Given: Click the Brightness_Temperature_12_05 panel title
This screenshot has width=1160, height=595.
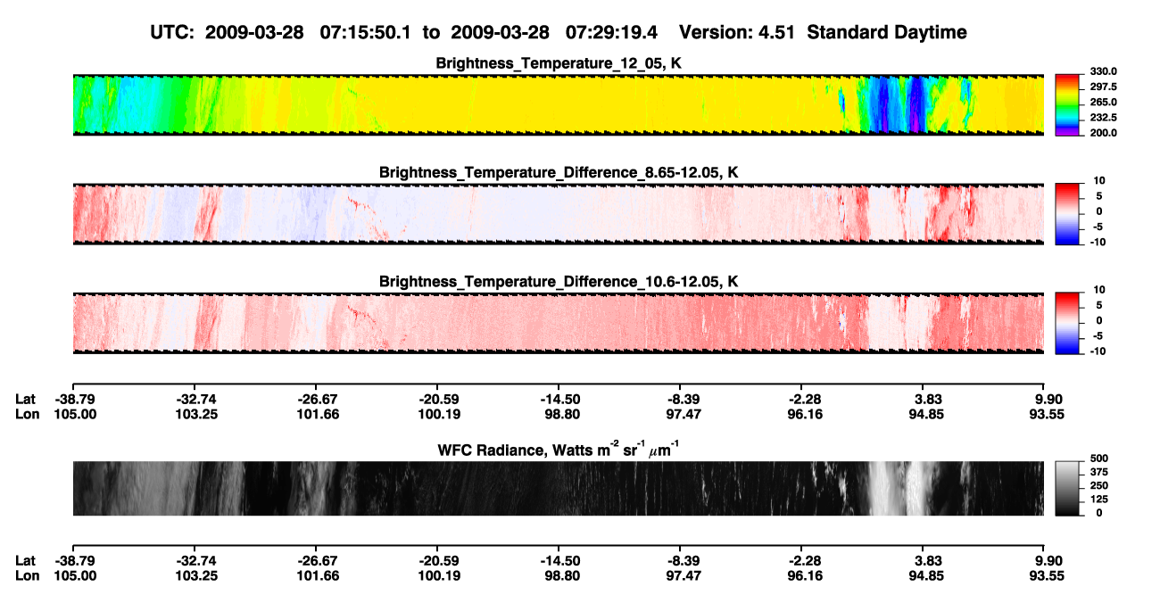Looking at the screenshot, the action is (558, 63).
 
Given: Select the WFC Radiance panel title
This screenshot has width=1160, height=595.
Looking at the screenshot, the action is (558, 450).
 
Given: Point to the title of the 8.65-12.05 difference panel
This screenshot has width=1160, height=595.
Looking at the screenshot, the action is (558, 172).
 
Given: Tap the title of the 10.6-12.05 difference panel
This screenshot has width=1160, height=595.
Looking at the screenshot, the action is (558, 282).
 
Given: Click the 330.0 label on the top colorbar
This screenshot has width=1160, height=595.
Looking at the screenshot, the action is (1103, 71).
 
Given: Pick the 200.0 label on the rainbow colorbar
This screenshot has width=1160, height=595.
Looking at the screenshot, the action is (1103, 133).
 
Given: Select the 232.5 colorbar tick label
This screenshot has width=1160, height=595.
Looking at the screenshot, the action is (1103, 118).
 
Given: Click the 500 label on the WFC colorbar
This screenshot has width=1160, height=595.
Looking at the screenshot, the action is (1099, 459).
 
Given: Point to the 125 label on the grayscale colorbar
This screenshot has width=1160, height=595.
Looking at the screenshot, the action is (1099, 500).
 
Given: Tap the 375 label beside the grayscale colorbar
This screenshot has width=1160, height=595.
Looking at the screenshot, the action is (1099, 472).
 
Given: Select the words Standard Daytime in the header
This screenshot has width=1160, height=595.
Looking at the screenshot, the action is (887, 32).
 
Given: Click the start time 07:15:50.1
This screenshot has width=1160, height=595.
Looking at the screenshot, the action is (365, 32).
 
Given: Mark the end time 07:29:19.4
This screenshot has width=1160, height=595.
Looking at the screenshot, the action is (611, 32).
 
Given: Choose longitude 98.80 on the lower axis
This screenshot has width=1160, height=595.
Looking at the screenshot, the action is (562, 576).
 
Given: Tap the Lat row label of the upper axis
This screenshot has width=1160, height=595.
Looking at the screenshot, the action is (25, 400).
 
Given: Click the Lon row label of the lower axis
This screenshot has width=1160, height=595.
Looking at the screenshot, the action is (27, 576).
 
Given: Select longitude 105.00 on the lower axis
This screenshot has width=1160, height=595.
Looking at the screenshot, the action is (75, 576).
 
